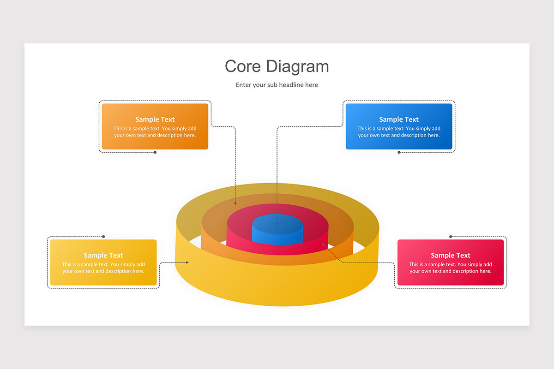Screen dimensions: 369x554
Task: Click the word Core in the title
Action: tap(243, 66)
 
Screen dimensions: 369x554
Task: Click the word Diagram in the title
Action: tap(298, 66)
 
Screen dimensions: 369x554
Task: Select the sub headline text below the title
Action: tap(277, 85)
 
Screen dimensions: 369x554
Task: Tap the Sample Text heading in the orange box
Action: tap(155, 119)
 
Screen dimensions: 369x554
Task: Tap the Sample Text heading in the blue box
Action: tap(399, 119)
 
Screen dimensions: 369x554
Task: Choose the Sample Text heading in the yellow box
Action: tap(103, 255)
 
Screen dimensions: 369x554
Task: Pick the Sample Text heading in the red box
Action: tap(451, 255)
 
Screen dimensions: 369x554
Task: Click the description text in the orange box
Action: tap(155, 132)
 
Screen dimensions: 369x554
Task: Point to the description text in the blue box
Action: tap(399, 132)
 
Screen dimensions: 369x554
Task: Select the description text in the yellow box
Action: tap(103, 268)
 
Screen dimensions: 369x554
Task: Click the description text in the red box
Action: tap(451, 268)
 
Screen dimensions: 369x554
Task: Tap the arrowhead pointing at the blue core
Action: tap(277, 224)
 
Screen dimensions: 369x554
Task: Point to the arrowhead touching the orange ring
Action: tap(235, 203)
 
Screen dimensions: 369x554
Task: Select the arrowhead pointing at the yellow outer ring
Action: tap(187, 262)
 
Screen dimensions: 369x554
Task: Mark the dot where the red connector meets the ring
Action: tap(324, 244)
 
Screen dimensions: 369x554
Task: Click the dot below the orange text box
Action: tap(155, 152)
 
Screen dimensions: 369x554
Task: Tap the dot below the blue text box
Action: tap(399, 152)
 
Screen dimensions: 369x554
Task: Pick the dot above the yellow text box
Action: tap(103, 237)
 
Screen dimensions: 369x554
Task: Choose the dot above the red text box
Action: tap(451, 237)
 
